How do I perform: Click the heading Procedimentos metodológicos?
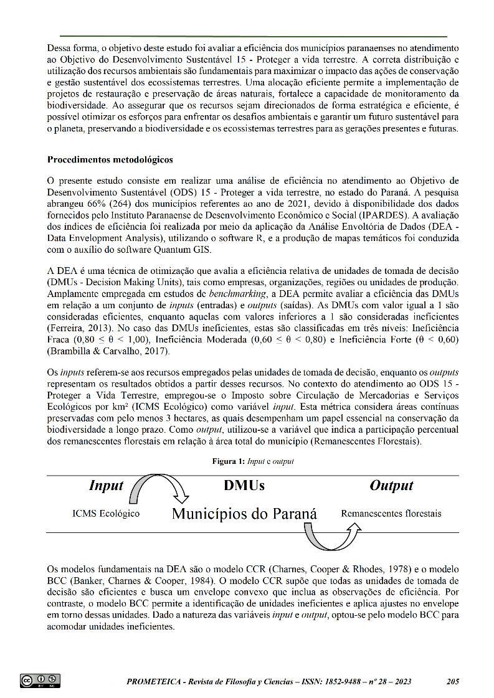coord(110,159)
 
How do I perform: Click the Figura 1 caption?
coord(252,462)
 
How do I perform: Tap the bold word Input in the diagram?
coord(106,486)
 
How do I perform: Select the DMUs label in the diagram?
coord(244,486)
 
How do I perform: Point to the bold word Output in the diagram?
coord(391,486)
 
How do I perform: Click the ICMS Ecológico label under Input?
coord(106,514)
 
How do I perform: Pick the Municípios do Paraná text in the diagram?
coord(244,514)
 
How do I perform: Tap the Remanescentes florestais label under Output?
coord(391,514)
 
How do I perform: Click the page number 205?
coord(453,682)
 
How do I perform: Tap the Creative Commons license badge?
coord(40,681)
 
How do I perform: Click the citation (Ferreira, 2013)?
coord(77,328)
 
